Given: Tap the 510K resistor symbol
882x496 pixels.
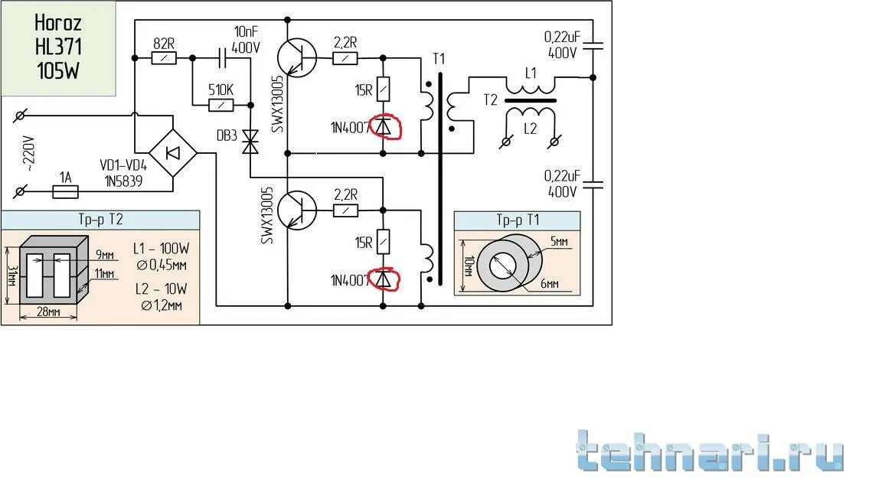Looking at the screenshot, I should click(222, 104).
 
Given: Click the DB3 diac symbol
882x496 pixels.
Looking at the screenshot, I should click(250, 142).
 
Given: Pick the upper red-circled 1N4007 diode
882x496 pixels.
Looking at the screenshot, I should click(384, 126).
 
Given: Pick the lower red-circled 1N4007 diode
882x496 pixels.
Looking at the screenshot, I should click(384, 279).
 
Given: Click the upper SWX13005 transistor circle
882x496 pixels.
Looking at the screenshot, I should click(296, 57).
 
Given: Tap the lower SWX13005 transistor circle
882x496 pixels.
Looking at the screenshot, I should click(296, 210).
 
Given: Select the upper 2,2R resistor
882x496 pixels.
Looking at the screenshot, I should click(348, 57).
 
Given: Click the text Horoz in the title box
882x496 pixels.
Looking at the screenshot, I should click(58, 24).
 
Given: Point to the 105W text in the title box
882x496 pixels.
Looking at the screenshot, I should click(58, 71).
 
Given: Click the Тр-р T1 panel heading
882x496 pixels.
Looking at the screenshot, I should click(518, 220).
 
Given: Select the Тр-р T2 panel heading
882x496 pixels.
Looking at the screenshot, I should click(100, 220).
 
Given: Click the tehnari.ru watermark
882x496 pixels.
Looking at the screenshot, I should click(710, 451).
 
